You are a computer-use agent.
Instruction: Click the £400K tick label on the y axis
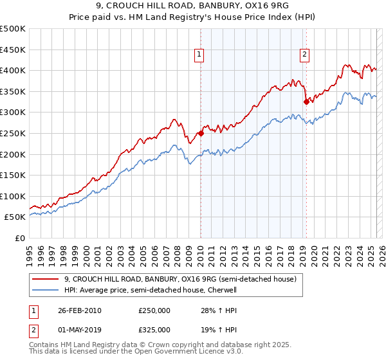(13, 70)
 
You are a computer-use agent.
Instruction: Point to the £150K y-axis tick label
(13, 175)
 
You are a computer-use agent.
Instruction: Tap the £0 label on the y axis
(19, 238)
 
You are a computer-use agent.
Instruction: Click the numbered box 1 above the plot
(200, 55)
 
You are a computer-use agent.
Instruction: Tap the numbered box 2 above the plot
(304, 55)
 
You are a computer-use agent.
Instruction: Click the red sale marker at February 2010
(201, 134)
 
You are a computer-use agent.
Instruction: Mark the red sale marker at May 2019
(306, 102)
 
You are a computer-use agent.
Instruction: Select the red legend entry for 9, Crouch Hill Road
(180, 279)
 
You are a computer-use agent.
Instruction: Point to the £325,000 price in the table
(154, 329)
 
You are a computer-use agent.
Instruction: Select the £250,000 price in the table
(154, 310)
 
